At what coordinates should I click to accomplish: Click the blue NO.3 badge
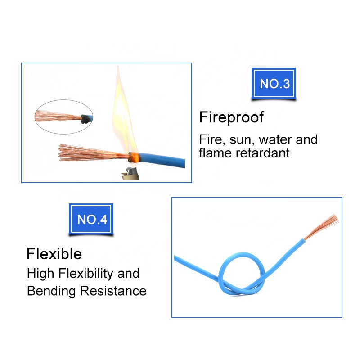pyautogui.click(x=274, y=84)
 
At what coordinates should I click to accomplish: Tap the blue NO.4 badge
pyautogui.click(x=92, y=220)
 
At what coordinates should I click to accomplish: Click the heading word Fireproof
pyautogui.click(x=231, y=118)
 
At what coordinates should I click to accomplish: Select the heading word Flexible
pyautogui.click(x=54, y=254)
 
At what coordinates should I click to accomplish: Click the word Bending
pyautogui.click(x=52, y=291)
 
